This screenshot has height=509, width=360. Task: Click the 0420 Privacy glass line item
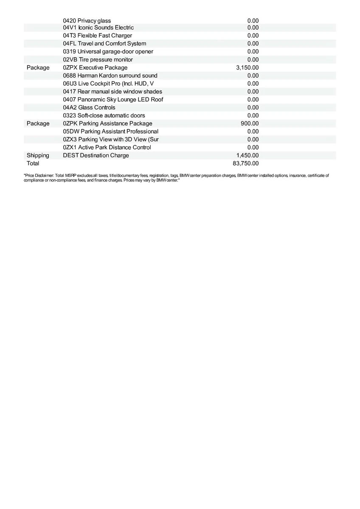click(x=87, y=21)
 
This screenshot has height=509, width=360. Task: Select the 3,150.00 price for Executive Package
click(x=247, y=67)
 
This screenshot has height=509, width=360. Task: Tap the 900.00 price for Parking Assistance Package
click(x=250, y=123)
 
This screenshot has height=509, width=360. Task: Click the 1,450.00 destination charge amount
click(x=247, y=155)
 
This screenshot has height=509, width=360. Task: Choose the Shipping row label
click(x=38, y=155)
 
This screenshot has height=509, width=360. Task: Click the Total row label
click(x=33, y=163)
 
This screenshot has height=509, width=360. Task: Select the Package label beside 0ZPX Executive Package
click(x=38, y=67)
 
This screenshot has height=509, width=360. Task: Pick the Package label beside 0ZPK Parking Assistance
click(x=38, y=123)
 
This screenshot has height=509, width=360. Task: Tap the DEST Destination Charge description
click(x=96, y=155)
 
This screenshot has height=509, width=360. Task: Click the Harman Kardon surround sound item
click(x=110, y=76)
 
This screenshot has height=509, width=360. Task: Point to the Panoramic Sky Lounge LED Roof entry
click(x=113, y=99)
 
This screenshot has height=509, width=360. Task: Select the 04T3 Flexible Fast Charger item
click(x=97, y=36)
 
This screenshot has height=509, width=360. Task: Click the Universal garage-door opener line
click(x=108, y=51)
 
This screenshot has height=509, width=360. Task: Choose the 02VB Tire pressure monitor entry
click(x=98, y=59)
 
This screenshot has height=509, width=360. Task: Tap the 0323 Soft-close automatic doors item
click(x=104, y=115)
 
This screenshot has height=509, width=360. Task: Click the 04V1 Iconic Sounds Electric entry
click(x=98, y=28)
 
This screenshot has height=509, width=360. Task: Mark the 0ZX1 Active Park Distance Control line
click(x=107, y=147)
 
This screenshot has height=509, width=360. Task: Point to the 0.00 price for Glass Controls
click(x=253, y=107)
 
